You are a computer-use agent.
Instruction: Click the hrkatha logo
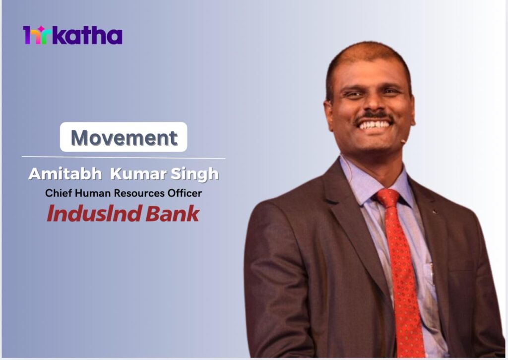click(72, 35)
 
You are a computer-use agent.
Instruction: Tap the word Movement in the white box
click(124, 137)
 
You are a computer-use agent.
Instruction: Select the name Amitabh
click(65, 174)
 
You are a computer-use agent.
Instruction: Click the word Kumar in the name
click(138, 174)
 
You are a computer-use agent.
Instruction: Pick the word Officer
click(185, 193)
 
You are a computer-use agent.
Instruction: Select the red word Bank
click(172, 214)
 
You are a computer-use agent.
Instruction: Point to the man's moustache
click(375, 117)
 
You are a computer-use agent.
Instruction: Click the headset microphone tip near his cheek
click(403, 141)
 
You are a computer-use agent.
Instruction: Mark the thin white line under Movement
click(124, 158)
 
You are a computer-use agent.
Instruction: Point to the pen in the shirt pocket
click(432, 274)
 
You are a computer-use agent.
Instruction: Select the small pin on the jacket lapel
click(435, 212)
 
